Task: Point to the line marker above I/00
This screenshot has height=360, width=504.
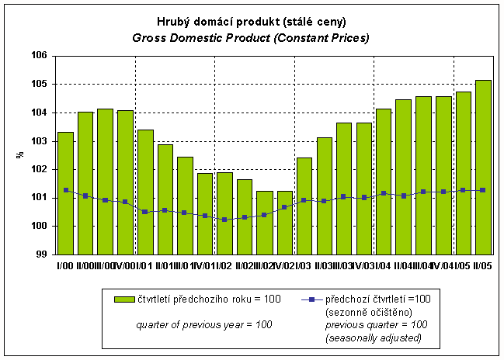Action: [x=66, y=190]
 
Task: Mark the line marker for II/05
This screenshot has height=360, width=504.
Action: [x=483, y=190]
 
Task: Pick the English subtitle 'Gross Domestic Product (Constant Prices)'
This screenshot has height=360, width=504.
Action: [x=250, y=37]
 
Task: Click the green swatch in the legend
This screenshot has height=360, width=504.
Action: [x=123, y=299]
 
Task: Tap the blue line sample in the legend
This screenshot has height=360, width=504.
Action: [x=310, y=299]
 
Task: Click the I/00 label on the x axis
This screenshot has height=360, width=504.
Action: [x=65, y=265]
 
